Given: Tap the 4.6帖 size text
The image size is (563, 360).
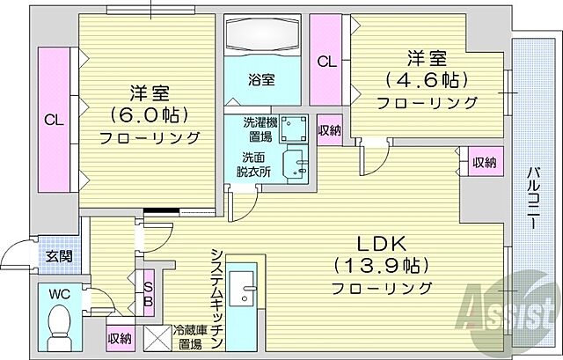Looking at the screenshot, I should coord(426,80).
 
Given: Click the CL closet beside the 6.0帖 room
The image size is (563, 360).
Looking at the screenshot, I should coord(52,119).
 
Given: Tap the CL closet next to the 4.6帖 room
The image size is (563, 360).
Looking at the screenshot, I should coord(326,62).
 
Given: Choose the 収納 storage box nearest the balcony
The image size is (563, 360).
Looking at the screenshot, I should coord(482,162).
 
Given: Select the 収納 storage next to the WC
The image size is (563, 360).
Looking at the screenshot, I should coord(120,337).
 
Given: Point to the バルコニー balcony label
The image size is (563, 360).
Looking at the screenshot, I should coord(534,197).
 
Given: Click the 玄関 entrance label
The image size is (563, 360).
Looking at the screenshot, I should coord(58,257).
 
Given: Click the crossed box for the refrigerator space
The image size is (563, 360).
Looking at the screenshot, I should coord(159,336).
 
